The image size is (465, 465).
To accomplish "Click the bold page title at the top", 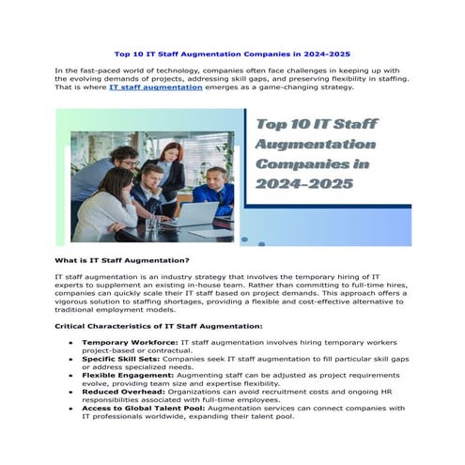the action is tap(232, 54).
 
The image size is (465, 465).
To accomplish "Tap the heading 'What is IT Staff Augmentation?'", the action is tap(122, 260).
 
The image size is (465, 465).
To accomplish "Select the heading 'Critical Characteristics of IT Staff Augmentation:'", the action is tap(158, 326).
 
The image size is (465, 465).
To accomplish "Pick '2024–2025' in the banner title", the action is tap(303, 183).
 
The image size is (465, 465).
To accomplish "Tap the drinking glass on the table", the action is tap(151, 225).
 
